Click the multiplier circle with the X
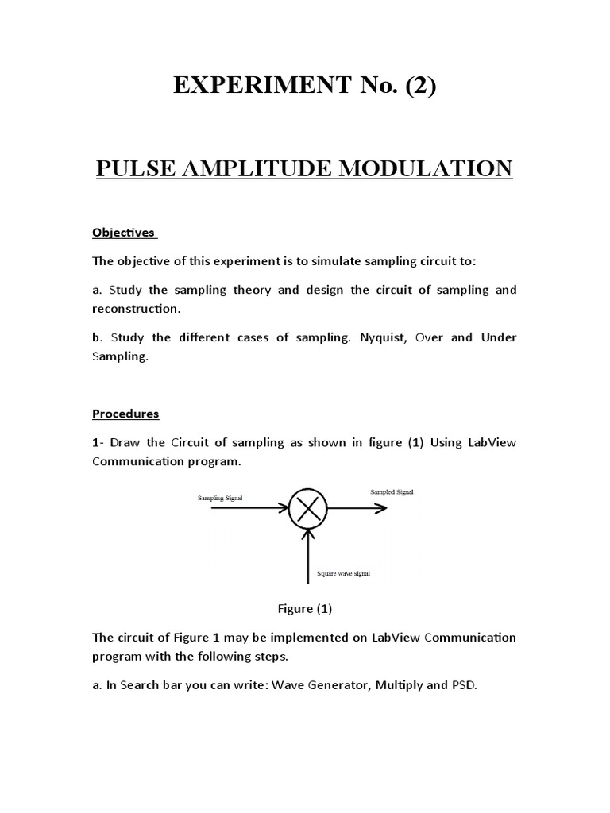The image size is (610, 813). [307, 508]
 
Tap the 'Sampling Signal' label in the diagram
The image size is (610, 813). [220, 498]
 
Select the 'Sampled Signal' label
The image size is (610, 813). [392, 492]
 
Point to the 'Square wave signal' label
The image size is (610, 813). [343, 573]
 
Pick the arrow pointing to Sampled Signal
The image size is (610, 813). [357, 508]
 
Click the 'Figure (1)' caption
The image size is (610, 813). [304, 609]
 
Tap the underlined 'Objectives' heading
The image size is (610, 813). [125, 233]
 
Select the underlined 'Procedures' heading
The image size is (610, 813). [125, 414]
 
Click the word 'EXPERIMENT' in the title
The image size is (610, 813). [255, 87]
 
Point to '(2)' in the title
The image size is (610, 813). [421, 87]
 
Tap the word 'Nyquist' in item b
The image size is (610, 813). [383, 337]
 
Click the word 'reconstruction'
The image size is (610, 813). [140, 309]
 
